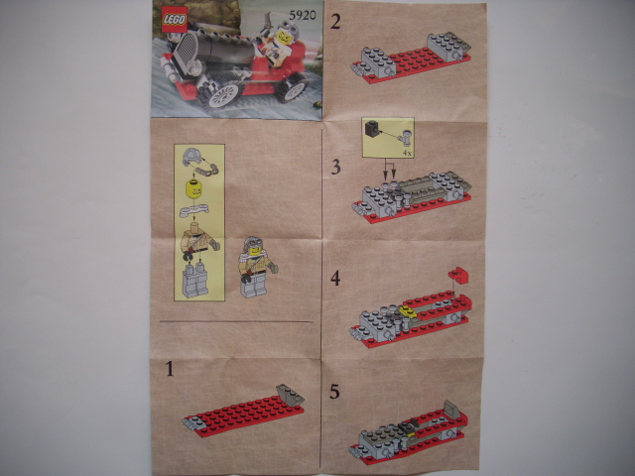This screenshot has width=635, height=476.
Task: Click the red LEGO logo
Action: click(x=175, y=20)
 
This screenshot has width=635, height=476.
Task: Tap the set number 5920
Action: click(x=302, y=15)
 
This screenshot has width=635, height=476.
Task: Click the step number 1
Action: click(x=170, y=369)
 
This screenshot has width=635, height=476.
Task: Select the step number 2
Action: click(x=335, y=22)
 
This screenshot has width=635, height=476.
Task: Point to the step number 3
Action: click(x=335, y=168)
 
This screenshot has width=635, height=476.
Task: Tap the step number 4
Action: click(x=335, y=279)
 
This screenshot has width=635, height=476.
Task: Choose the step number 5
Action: click(x=334, y=392)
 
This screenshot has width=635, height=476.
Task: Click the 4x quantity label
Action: click(x=407, y=154)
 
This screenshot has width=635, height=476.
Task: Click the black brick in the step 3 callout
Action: click(x=372, y=128)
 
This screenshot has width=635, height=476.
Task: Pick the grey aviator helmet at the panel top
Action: click(x=192, y=157)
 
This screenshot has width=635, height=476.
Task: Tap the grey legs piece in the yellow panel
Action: click(x=194, y=280)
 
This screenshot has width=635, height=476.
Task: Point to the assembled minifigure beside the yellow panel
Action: click(x=256, y=267)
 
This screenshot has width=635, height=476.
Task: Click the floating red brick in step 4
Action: click(x=458, y=275)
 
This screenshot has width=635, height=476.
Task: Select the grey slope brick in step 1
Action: click(x=290, y=394)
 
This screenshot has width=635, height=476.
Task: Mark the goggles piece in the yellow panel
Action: click(x=206, y=170)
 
